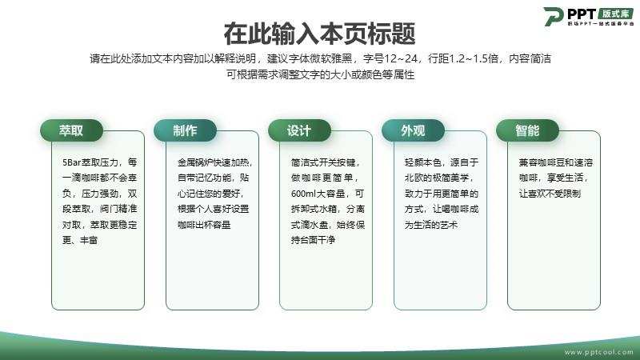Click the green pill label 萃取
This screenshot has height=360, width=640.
click(x=71, y=130)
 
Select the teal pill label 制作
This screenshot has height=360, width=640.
click(x=185, y=130)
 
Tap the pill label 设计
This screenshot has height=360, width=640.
click(x=299, y=130)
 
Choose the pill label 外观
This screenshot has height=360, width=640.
click(x=413, y=130)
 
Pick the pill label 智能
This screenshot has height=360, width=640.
click(x=527, y=130)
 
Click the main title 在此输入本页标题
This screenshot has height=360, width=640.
click(x=319, y=34)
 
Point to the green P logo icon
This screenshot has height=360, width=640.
click(x=554, y=16)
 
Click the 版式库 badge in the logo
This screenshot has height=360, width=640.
click(x=616, y=14)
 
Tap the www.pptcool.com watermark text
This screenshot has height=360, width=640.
click(x=598, y=352)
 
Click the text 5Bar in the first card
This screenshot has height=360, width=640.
click(x=71, y=162)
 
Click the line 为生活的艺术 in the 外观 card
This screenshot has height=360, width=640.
click(x=431, y=225)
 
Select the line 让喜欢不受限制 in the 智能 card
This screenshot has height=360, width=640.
click(x=550, y=194)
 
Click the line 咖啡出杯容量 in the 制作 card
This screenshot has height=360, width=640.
click(x=204, y=225)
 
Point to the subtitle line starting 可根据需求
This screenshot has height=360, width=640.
click(x=321, y=74)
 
